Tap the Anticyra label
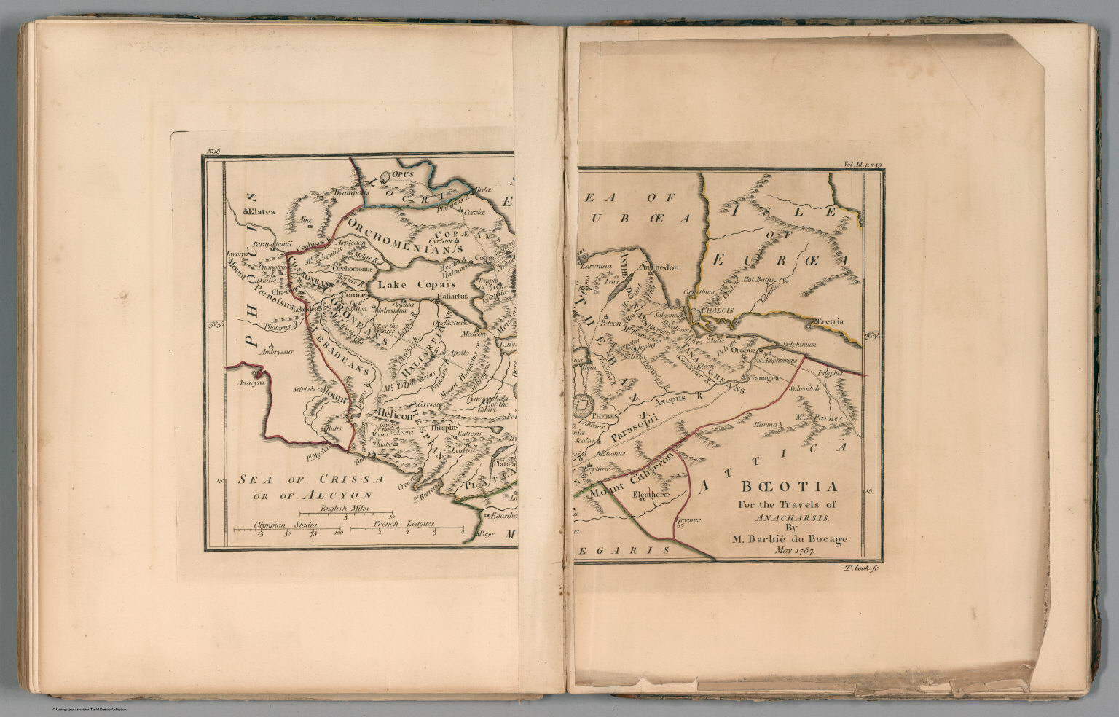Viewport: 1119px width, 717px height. pyautogui.click(x=251, y=382)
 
